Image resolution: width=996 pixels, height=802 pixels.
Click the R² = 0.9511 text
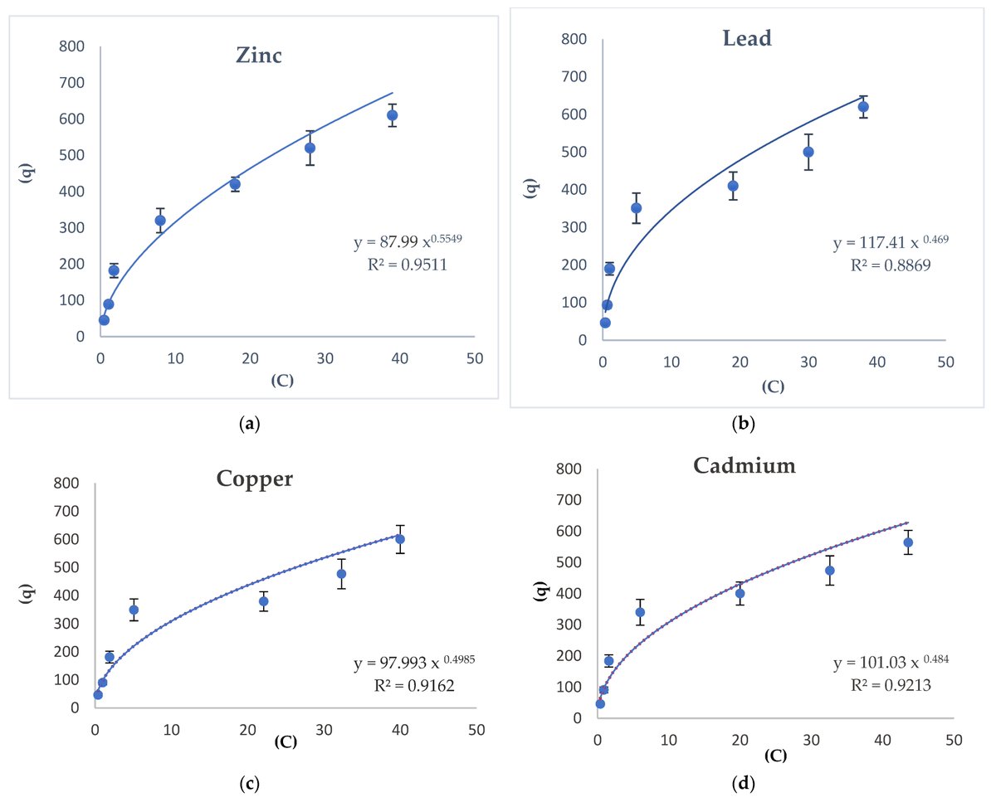tap(408, 265)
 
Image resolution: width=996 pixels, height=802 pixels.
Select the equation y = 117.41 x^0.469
tap(890, 244)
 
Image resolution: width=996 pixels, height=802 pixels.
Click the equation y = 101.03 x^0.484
tap(891, 663)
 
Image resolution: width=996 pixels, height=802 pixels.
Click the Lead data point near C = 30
tap(808, 152)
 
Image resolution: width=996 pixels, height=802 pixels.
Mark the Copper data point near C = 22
tap(263, 601)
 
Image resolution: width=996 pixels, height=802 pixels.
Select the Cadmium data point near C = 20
tap(740, 593)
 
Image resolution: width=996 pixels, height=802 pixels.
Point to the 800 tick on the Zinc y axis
tap(71, 46)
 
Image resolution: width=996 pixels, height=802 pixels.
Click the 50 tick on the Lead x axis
tap(945, 362)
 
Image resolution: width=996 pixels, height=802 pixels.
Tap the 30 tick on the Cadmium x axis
tap(811, 738)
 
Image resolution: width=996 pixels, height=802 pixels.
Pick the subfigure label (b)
tap(743, 425)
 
